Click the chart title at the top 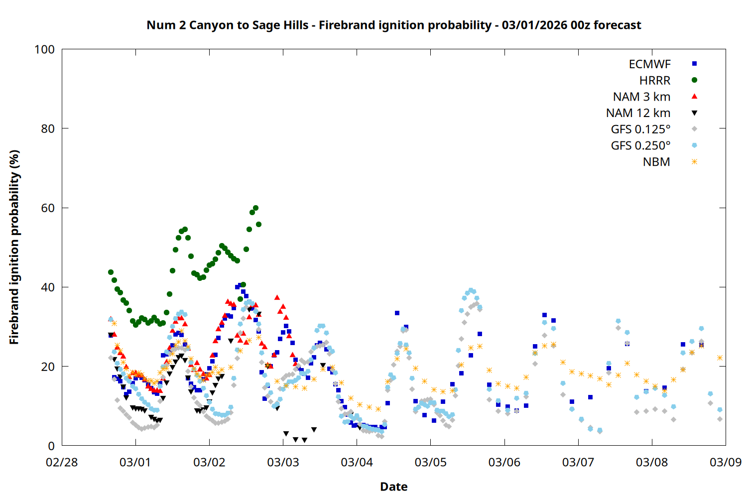pyautogui.click(x=393, y=25)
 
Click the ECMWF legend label pyautogui.click(x=649, y=64)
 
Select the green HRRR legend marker pyautogui.click(x=694, y=80)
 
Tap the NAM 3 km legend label pyautogui.click(x=641, y=97)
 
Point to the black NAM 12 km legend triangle pyautogui.click(x=694, y=113)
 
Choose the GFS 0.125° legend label pyautogui.click(x=640, y=129)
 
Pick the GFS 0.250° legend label pyautogui.click(x=640, y=146)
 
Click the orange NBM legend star pyautogui.click(x=694, y=162)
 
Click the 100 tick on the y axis pyautogui.click(x=44, y=49)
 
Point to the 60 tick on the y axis pyautogui.click(x=48, y=208)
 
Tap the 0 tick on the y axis pyautogui.click(x=51, y=446)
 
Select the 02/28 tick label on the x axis pyautogui.click(x=62, y=462)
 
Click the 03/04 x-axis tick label pyautogui.click(x=357, y=462)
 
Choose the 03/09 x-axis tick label pyautogui.click(x=725, y=462)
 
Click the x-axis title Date pyautogui.click(x=393, y=487)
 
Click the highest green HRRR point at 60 pyautogui.click(x=255, y=208)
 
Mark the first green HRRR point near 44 pyautogui.click(x=111, y=272)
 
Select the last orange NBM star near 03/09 pyautogui.click(x=720, y=358)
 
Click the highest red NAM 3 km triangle pyautogui.click(x=277, y=297)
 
